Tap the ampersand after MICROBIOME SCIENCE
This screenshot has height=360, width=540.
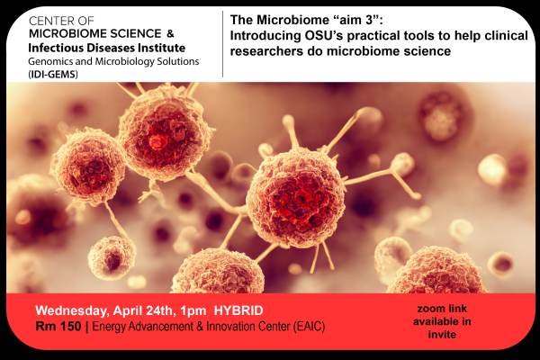pos(170,33)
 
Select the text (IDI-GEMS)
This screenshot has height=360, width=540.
pos(53,74)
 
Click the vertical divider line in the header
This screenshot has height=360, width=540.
pos(223,44)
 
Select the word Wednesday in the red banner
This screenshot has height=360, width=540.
pos(73,311)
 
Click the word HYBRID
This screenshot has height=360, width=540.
pos(238,310)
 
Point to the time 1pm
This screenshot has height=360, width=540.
pos(193,311)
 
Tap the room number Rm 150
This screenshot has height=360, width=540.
pos(58,326)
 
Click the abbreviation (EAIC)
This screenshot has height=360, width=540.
pos(310,326)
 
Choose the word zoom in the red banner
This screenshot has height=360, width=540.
pos(428,309)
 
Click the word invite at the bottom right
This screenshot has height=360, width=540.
pos(442,334)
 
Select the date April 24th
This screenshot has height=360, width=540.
pos(142,311)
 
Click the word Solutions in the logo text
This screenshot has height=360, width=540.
pos(178,61)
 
